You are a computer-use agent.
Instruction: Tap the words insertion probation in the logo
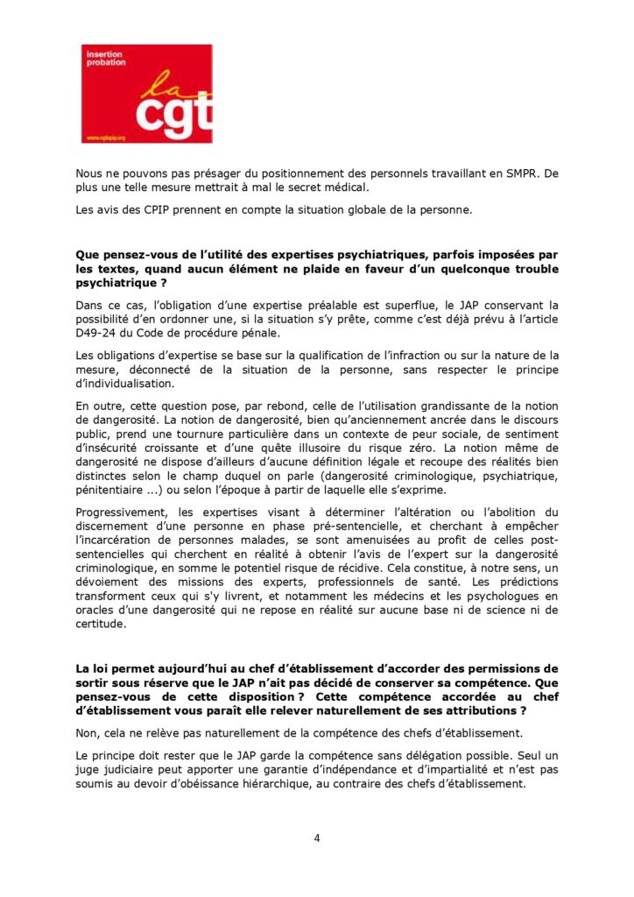click(x=104, y=59)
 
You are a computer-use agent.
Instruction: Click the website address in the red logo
click(x=106, y=138)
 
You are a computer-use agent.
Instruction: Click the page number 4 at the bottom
click(x=317, y=837)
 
